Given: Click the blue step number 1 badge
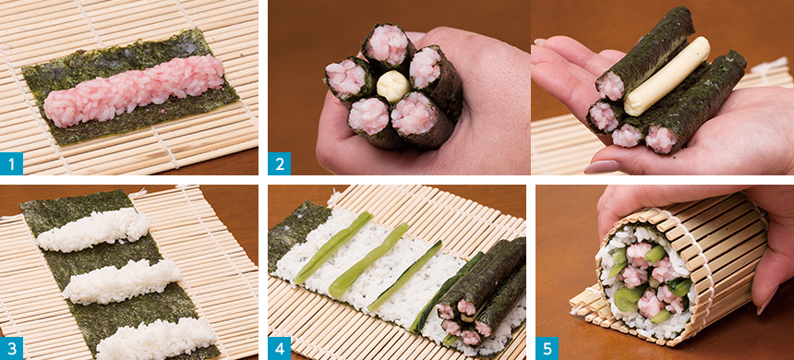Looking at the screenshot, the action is click(11, 163).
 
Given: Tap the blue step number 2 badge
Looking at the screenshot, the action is click(279, 163).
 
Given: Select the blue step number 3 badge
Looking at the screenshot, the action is click(11, 348).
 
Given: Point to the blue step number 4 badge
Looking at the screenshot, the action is click(279, 348).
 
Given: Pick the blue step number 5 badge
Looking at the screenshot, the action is click(547, 348).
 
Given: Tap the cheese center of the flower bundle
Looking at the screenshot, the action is click(392, 86).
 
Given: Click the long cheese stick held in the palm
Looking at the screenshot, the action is click(667, 76).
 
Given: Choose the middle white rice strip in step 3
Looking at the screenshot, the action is click(122, 282).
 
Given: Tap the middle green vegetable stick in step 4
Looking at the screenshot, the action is click(368, 260).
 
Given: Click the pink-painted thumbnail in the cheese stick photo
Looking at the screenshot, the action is click(601, 166).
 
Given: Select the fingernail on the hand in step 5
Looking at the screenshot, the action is click(765, 302).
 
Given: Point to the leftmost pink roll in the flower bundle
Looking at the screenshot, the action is click(348, 78).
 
